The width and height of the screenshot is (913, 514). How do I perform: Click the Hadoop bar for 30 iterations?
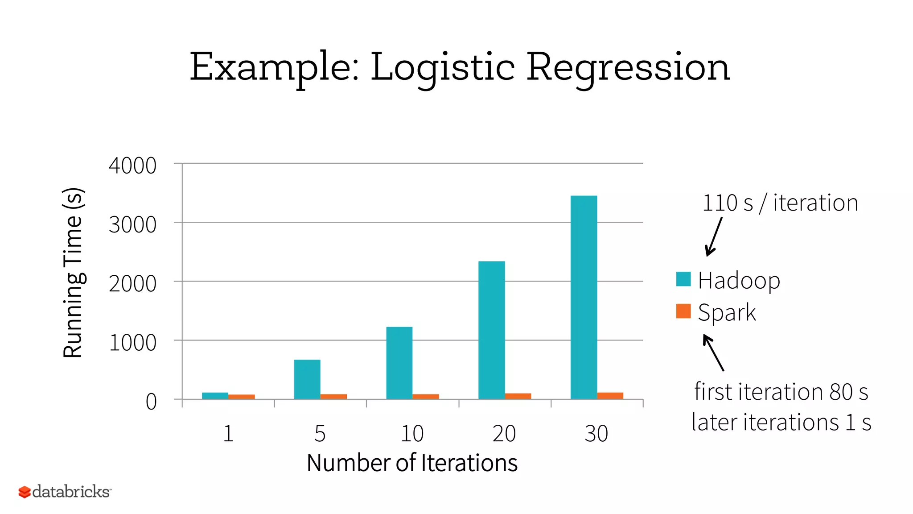point(584,297)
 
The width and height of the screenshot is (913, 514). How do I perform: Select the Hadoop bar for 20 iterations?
point(491,330)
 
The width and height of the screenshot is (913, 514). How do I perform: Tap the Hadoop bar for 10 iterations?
point(399,363)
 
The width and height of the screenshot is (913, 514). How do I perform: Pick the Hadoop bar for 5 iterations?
point(307,379)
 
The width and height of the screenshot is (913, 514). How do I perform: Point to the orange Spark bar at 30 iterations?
point(610,396)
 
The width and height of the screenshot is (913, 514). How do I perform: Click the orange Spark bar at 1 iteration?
point(241,397)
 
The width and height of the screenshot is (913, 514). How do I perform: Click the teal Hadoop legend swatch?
point(683,279)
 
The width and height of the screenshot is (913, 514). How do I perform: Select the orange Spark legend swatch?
point(683,311)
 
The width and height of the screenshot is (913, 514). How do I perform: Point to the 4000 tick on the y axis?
point(132,166)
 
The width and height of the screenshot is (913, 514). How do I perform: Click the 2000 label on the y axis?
point(132,284)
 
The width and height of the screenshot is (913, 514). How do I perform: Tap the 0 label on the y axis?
point(151,402)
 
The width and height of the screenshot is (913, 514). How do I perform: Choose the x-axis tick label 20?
point(504,434)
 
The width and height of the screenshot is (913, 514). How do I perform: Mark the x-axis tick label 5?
point(320,434)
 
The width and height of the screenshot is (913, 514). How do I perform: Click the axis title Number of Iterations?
point(412,463)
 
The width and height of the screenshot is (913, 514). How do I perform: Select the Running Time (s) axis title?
point(73,272)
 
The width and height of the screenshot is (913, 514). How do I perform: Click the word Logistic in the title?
point(443,68)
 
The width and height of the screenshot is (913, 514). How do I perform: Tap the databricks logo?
point(65,492)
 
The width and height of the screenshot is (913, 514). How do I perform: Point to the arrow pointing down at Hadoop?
point(713,237)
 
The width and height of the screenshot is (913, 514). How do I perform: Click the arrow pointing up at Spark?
point(713,352)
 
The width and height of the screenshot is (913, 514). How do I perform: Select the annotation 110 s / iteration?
point(780,203)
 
